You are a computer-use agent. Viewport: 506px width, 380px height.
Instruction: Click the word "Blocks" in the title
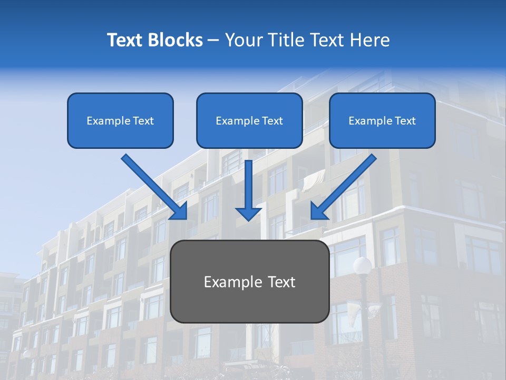pos(176,40)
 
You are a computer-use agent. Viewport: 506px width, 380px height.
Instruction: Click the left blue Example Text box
pos(120,121)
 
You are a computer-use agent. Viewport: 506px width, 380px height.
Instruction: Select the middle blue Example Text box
pos(249,121)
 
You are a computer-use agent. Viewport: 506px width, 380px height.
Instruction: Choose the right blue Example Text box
pos(382,121)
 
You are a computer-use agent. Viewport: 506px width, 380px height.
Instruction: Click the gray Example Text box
pos(249,281)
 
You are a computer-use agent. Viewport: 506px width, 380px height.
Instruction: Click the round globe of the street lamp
pos(363,265)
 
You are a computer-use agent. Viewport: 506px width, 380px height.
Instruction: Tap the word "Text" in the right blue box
pos(405,121)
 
